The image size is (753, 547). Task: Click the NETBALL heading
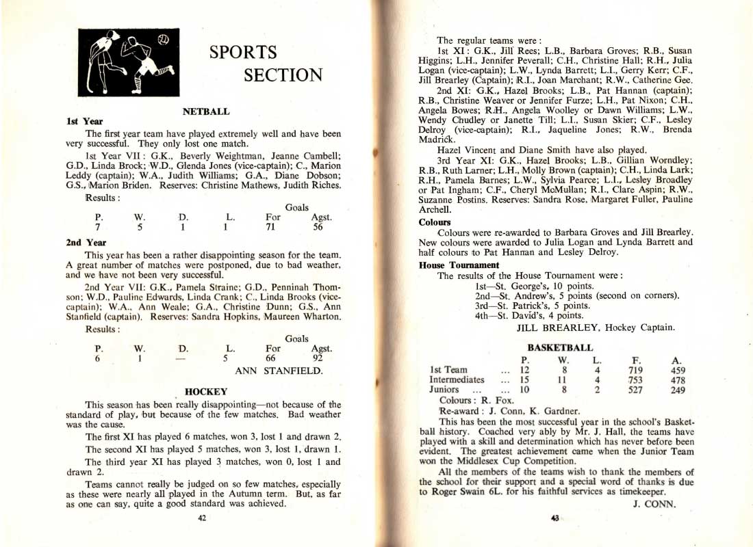pyautogui.click(x=205, y=111)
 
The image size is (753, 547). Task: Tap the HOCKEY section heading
pyautogui.click(x=206, y=392)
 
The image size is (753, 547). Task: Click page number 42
pyautogui.click(x=202, y=518)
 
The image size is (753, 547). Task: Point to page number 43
pyautogui.click(x=554, y=518)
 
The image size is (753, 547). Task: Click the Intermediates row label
pyautogui.click(x=457, y=380)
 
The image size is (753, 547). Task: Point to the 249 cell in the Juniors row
pyautogui.click(x=678, y=390)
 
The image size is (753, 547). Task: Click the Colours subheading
pyautogui.click(x=435, y=222)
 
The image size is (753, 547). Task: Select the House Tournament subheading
pyautogui.click(x=459, y=265)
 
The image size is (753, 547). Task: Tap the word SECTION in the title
pyautogui.click(x=283, y=75)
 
